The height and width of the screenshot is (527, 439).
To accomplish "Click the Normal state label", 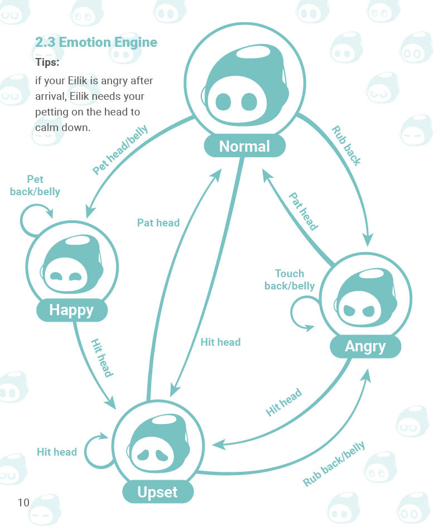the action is coord(245,146).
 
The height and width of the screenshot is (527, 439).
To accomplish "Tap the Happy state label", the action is coord(71,310).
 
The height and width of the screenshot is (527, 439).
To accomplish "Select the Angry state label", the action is coord(365,346).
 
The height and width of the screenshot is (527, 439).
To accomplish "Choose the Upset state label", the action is coord(158,492).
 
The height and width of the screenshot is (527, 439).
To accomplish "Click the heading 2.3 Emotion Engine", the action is coord(96,42).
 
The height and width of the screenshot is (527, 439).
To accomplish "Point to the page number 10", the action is coord(23,502).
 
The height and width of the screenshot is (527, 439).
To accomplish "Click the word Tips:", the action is coord(47,62).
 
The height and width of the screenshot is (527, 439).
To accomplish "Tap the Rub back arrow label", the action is coord(346,146).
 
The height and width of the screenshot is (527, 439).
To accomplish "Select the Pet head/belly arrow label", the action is coord(120,149).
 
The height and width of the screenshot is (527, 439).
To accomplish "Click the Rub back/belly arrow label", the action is coord(334,463).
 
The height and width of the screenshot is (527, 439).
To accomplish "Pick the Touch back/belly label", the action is coord(290,279).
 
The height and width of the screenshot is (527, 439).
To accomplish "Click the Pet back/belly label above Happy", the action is coord(35,185).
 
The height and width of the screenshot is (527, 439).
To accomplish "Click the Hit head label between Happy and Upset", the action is coord(102,358).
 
